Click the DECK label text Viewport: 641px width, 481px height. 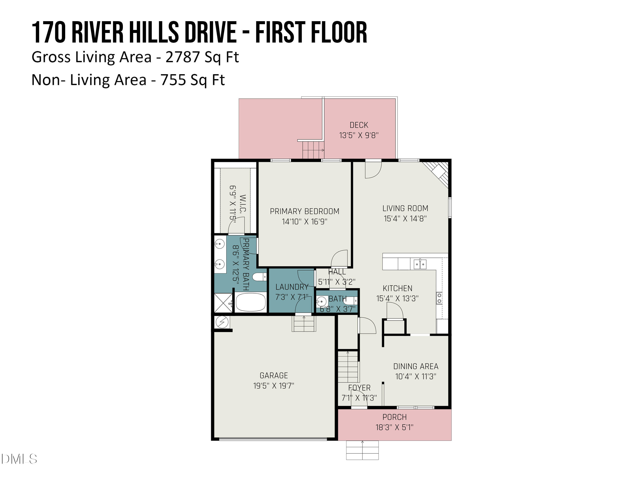click(x=359, y=125)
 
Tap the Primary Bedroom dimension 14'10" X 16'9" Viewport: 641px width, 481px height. click(x=304, y=221)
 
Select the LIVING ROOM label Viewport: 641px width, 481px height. click(x=405, y=208)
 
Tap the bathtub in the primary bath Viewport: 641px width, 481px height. click(x=251, y=302)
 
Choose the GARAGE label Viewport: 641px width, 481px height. click(x=274, y=375)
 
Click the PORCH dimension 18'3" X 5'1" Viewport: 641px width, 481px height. click(x=394, y=427)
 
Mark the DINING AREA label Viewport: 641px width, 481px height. click(x=416, y=366)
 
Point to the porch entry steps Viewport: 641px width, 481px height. click(x=362, y=450)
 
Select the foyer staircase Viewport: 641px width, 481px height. click(x=348, y=366)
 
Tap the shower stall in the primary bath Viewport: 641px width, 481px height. click(x=223, y=303)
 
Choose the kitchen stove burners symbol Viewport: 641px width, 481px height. click(x=439, y=298)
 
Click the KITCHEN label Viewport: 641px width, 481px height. click(x=397, y=288)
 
